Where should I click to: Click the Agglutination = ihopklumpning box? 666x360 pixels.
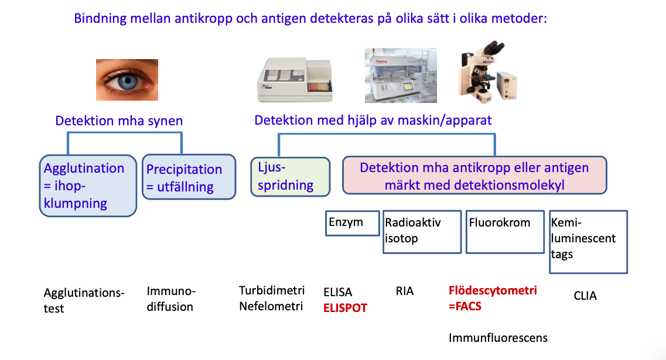coord(88,186)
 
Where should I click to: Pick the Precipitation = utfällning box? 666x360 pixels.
coord(189,177)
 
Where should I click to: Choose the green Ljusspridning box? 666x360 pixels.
coord(290,177)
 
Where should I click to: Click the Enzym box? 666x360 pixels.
coord(352,223)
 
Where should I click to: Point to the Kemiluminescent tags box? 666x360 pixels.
coord(588,241)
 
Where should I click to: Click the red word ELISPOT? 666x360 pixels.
coord(345,307)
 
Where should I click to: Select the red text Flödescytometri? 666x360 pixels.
coord(493,290)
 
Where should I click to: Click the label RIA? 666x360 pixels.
coord(405,291)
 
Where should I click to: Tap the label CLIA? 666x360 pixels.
coord(585,296)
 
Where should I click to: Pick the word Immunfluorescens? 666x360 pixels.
coord(498,338)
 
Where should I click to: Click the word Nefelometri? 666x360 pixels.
coord(271,306)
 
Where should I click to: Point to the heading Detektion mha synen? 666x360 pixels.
coord(119,121)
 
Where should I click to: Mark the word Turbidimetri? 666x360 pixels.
coord(272,290)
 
